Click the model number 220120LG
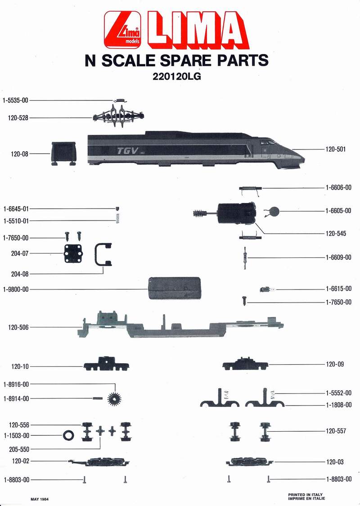point(176,77)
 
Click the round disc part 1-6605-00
point(275,211)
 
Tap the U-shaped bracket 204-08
point(103,255)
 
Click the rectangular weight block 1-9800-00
point(174,289)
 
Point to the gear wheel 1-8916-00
point(116,399)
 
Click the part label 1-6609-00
point(338,258)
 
